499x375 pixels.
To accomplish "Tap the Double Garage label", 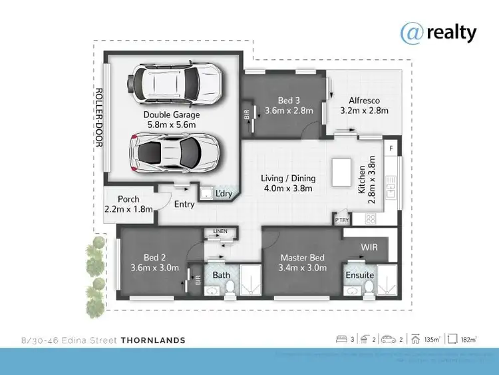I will [x=172, y=115].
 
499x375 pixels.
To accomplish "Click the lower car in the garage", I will [x=176, y=153].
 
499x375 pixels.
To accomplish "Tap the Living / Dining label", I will [x=288, y=179].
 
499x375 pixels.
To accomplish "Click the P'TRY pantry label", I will [x=342, y=218].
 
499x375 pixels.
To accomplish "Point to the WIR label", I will [x=369, y=247].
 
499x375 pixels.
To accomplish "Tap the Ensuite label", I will [x=360, y=274].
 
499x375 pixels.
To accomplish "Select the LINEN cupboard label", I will [x=220, y=231].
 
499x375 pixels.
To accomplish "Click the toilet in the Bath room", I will [x=230, y=286].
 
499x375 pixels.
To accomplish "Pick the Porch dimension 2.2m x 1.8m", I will [x=128, y=209].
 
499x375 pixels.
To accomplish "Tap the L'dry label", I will [x=224, y=194].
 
